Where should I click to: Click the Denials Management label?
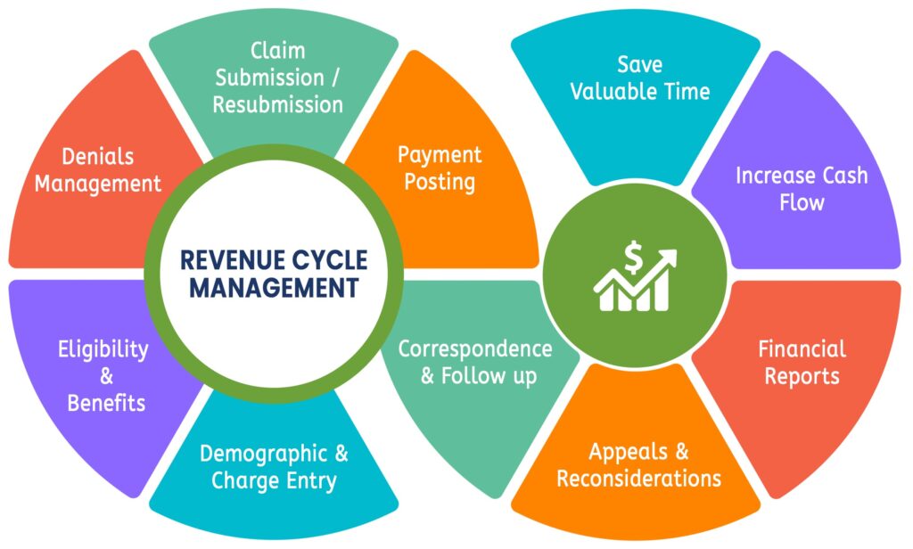click(x=98, y=170)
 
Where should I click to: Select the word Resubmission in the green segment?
click(x=277, y=104)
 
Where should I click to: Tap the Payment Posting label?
click(x=439, y=168)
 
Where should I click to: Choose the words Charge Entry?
click(x=274, y=482)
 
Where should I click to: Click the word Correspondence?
click(x=474, y=348)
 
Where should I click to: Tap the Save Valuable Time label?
click(x=640, y=78)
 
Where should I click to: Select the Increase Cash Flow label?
click(x=801, y=188)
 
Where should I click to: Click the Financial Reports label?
click(x=801, y=362)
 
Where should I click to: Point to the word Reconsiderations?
click(x=638, y=479)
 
